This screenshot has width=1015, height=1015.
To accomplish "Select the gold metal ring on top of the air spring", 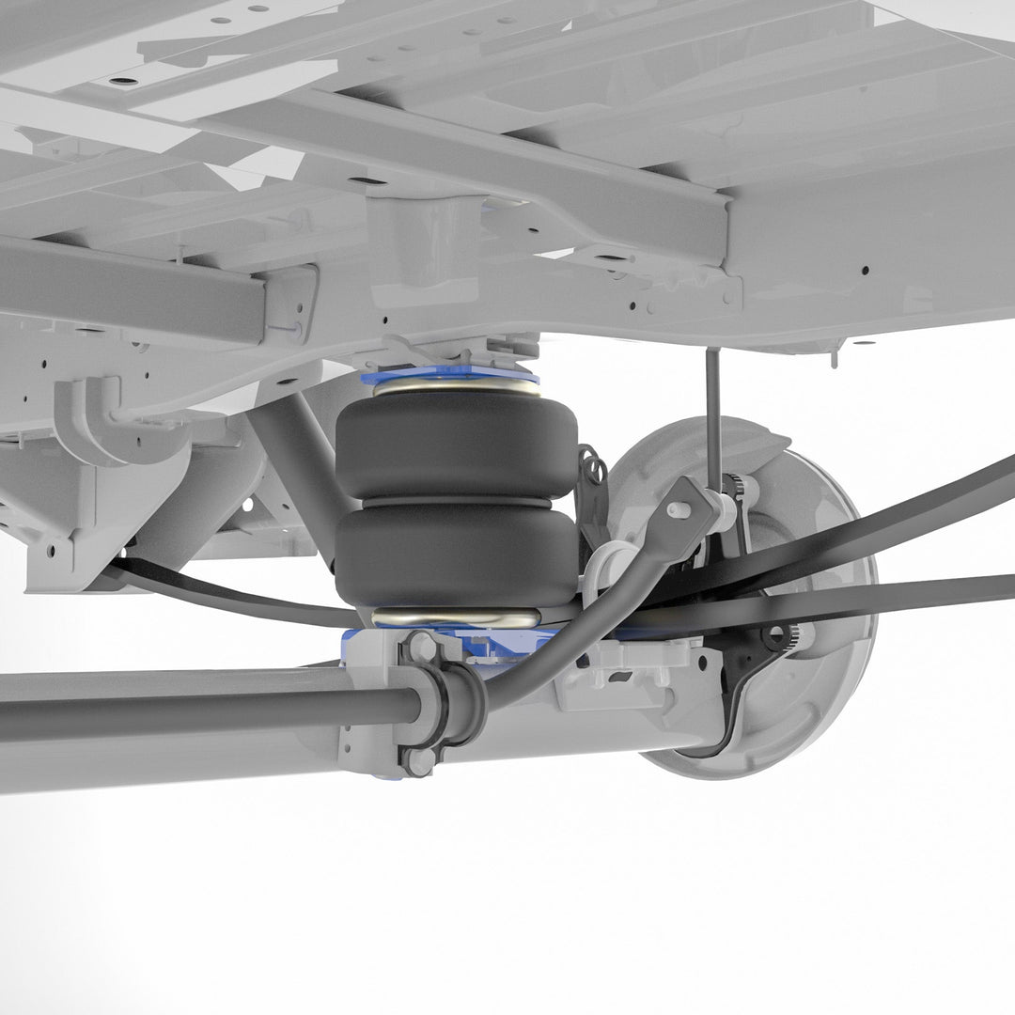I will pyautogui.click(x=456, y=387).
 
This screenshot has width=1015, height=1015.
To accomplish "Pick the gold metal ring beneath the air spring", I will pyautogui.click(x=456, y=617).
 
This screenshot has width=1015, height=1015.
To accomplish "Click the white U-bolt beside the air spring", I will pyautogui.click(x=601, y=573).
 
